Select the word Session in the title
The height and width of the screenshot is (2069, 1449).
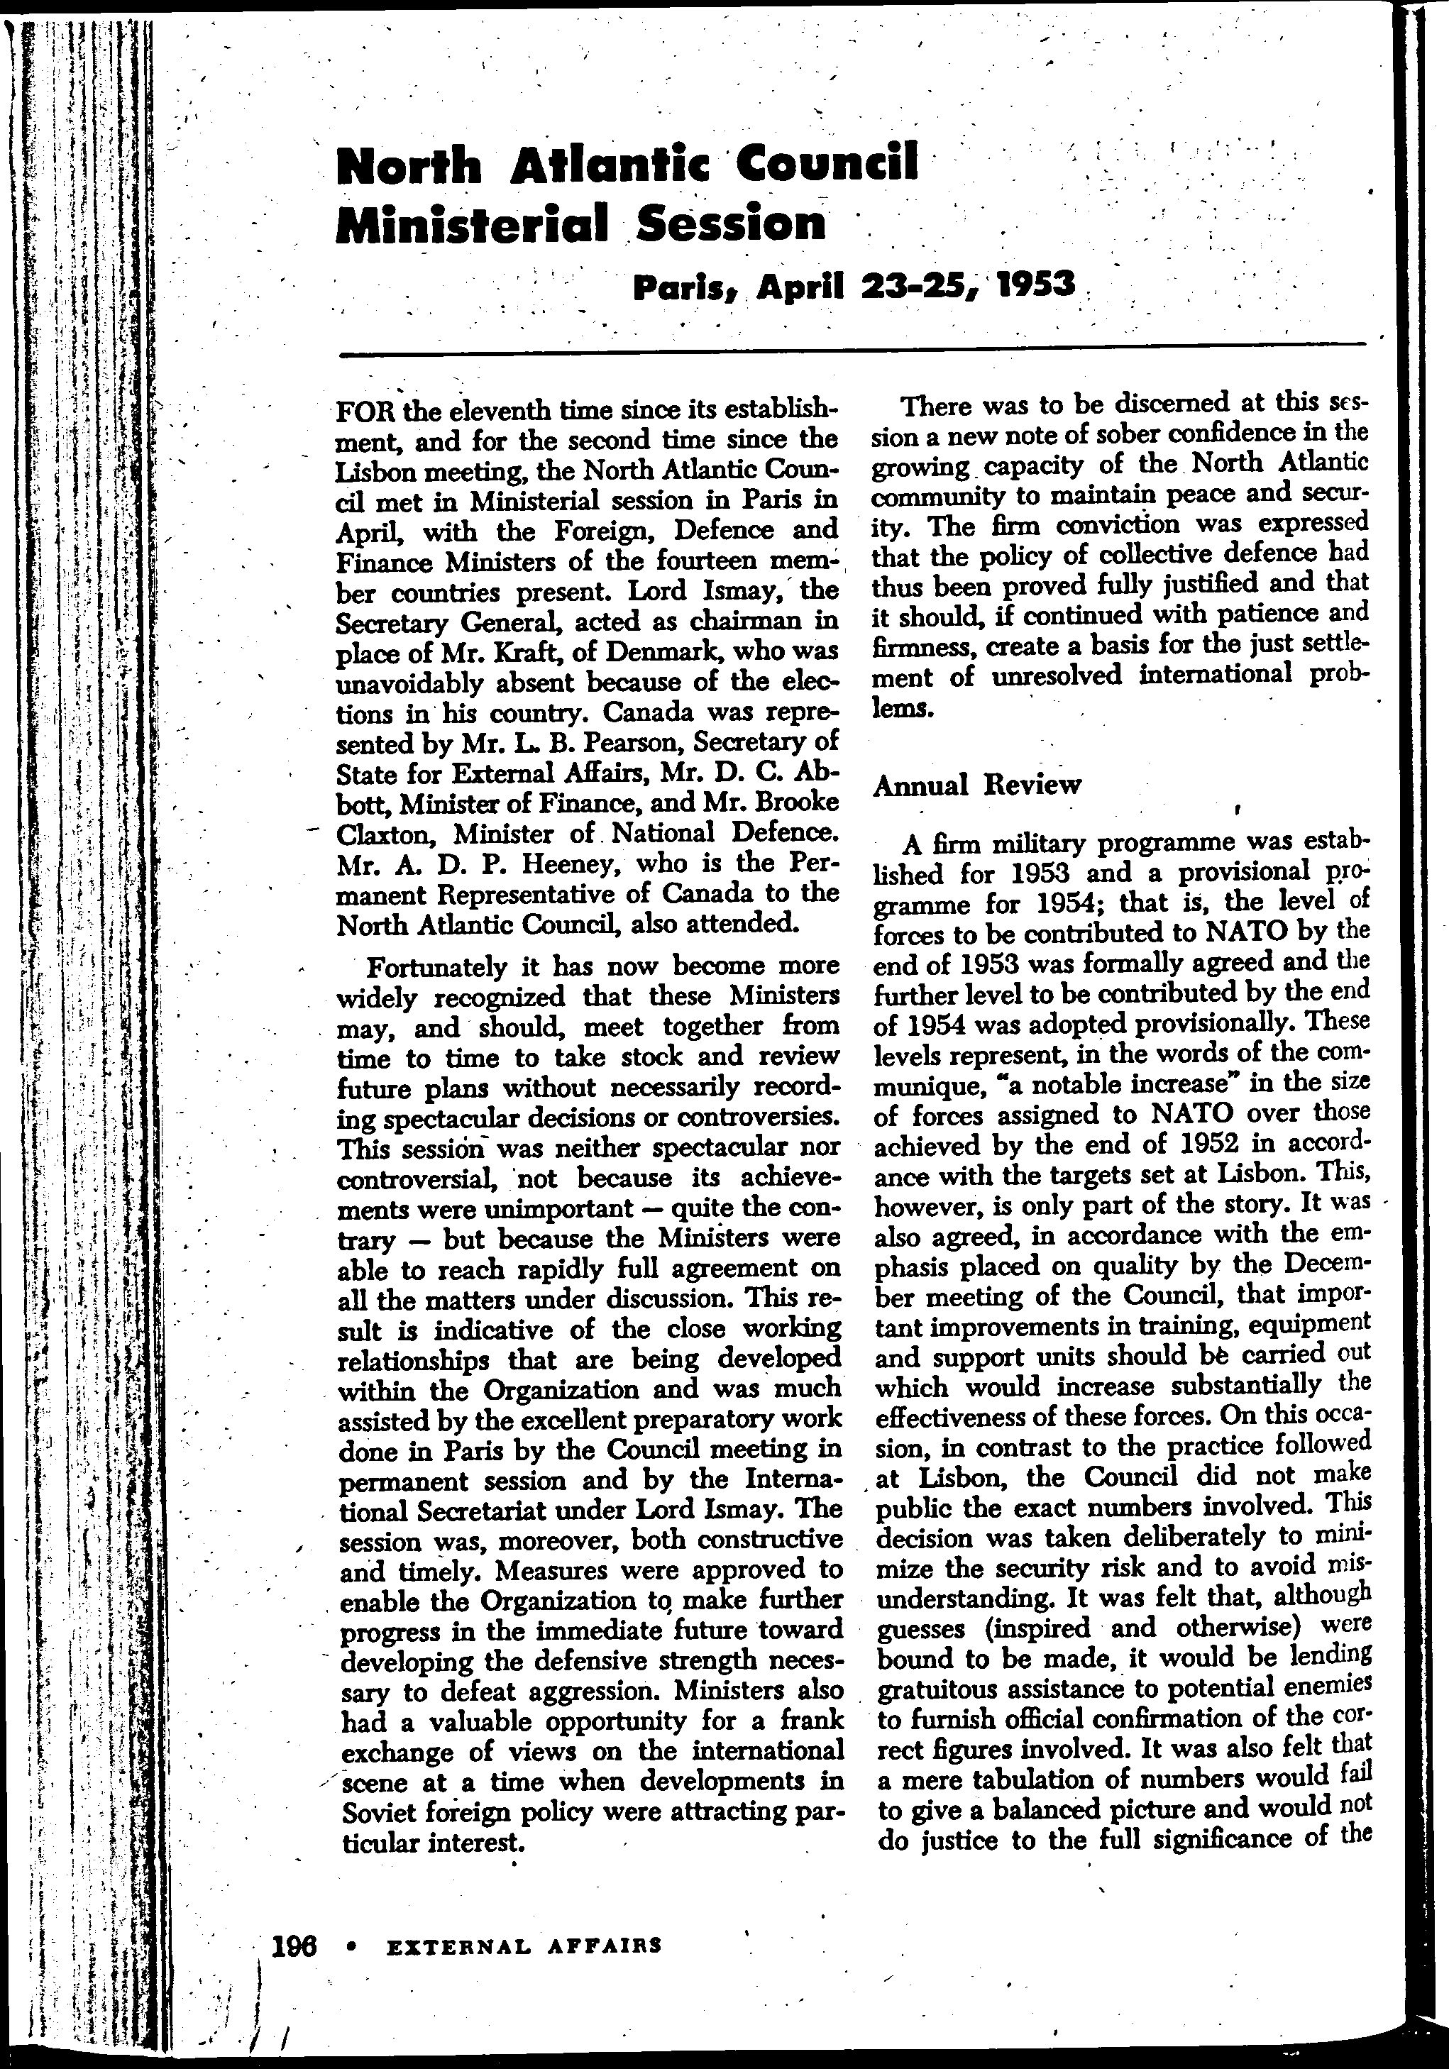coord(731,224)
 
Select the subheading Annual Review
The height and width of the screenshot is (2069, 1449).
coord(977,785)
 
